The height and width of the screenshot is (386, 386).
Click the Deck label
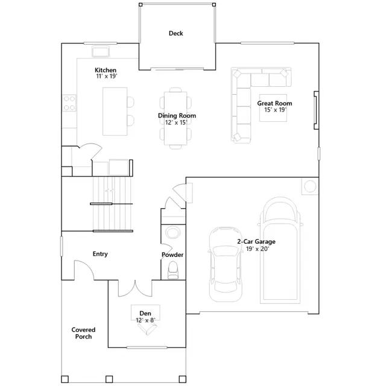176,34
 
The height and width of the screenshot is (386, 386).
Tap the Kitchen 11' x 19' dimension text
106,77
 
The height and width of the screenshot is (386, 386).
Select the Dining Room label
177,115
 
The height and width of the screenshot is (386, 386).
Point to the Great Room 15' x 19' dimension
274,110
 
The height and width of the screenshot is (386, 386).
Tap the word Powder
172,255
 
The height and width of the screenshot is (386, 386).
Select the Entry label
100,254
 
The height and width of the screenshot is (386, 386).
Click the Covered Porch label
83,333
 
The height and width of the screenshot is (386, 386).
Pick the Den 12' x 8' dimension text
145,320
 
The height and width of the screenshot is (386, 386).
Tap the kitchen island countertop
115,112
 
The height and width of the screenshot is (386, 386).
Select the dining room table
176,118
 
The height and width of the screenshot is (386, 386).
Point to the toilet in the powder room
174,269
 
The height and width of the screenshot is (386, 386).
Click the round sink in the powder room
172,232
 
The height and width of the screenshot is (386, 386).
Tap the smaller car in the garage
224,264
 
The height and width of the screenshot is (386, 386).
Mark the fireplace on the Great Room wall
314,110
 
